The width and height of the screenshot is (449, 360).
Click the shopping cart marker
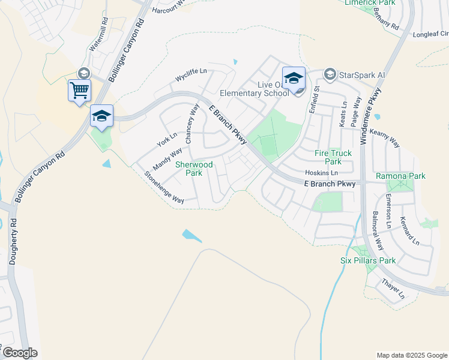[x=79, y=91]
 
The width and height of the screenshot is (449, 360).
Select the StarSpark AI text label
[x=361, y=75]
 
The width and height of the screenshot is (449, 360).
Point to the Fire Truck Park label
[x=328, y=157]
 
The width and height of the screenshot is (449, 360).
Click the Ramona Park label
[x=400, y=176]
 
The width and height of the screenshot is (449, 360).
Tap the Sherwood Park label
[x=193, y=168]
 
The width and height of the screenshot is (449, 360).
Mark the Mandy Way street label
[x=167, y=159]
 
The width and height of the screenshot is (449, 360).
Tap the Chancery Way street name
[x=191, y=123]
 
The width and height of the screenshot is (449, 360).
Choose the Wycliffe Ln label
[x=191, y=75]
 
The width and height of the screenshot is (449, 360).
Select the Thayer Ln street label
[x=393, y=288]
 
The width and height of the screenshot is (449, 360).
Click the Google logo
[x=20, y=353]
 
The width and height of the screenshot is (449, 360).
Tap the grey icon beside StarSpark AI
[x=330, y=75]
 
